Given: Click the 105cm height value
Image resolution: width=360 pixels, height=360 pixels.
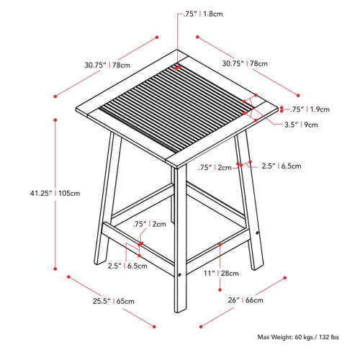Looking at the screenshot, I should [x=69, y=192].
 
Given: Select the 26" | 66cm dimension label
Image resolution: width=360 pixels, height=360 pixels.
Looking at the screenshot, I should [x=242, y=300].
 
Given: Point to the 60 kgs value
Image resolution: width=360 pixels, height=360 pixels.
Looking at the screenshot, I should [x=305, y=336].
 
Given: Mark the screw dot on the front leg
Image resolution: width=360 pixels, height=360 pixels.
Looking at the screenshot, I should [x=179, y=274].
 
